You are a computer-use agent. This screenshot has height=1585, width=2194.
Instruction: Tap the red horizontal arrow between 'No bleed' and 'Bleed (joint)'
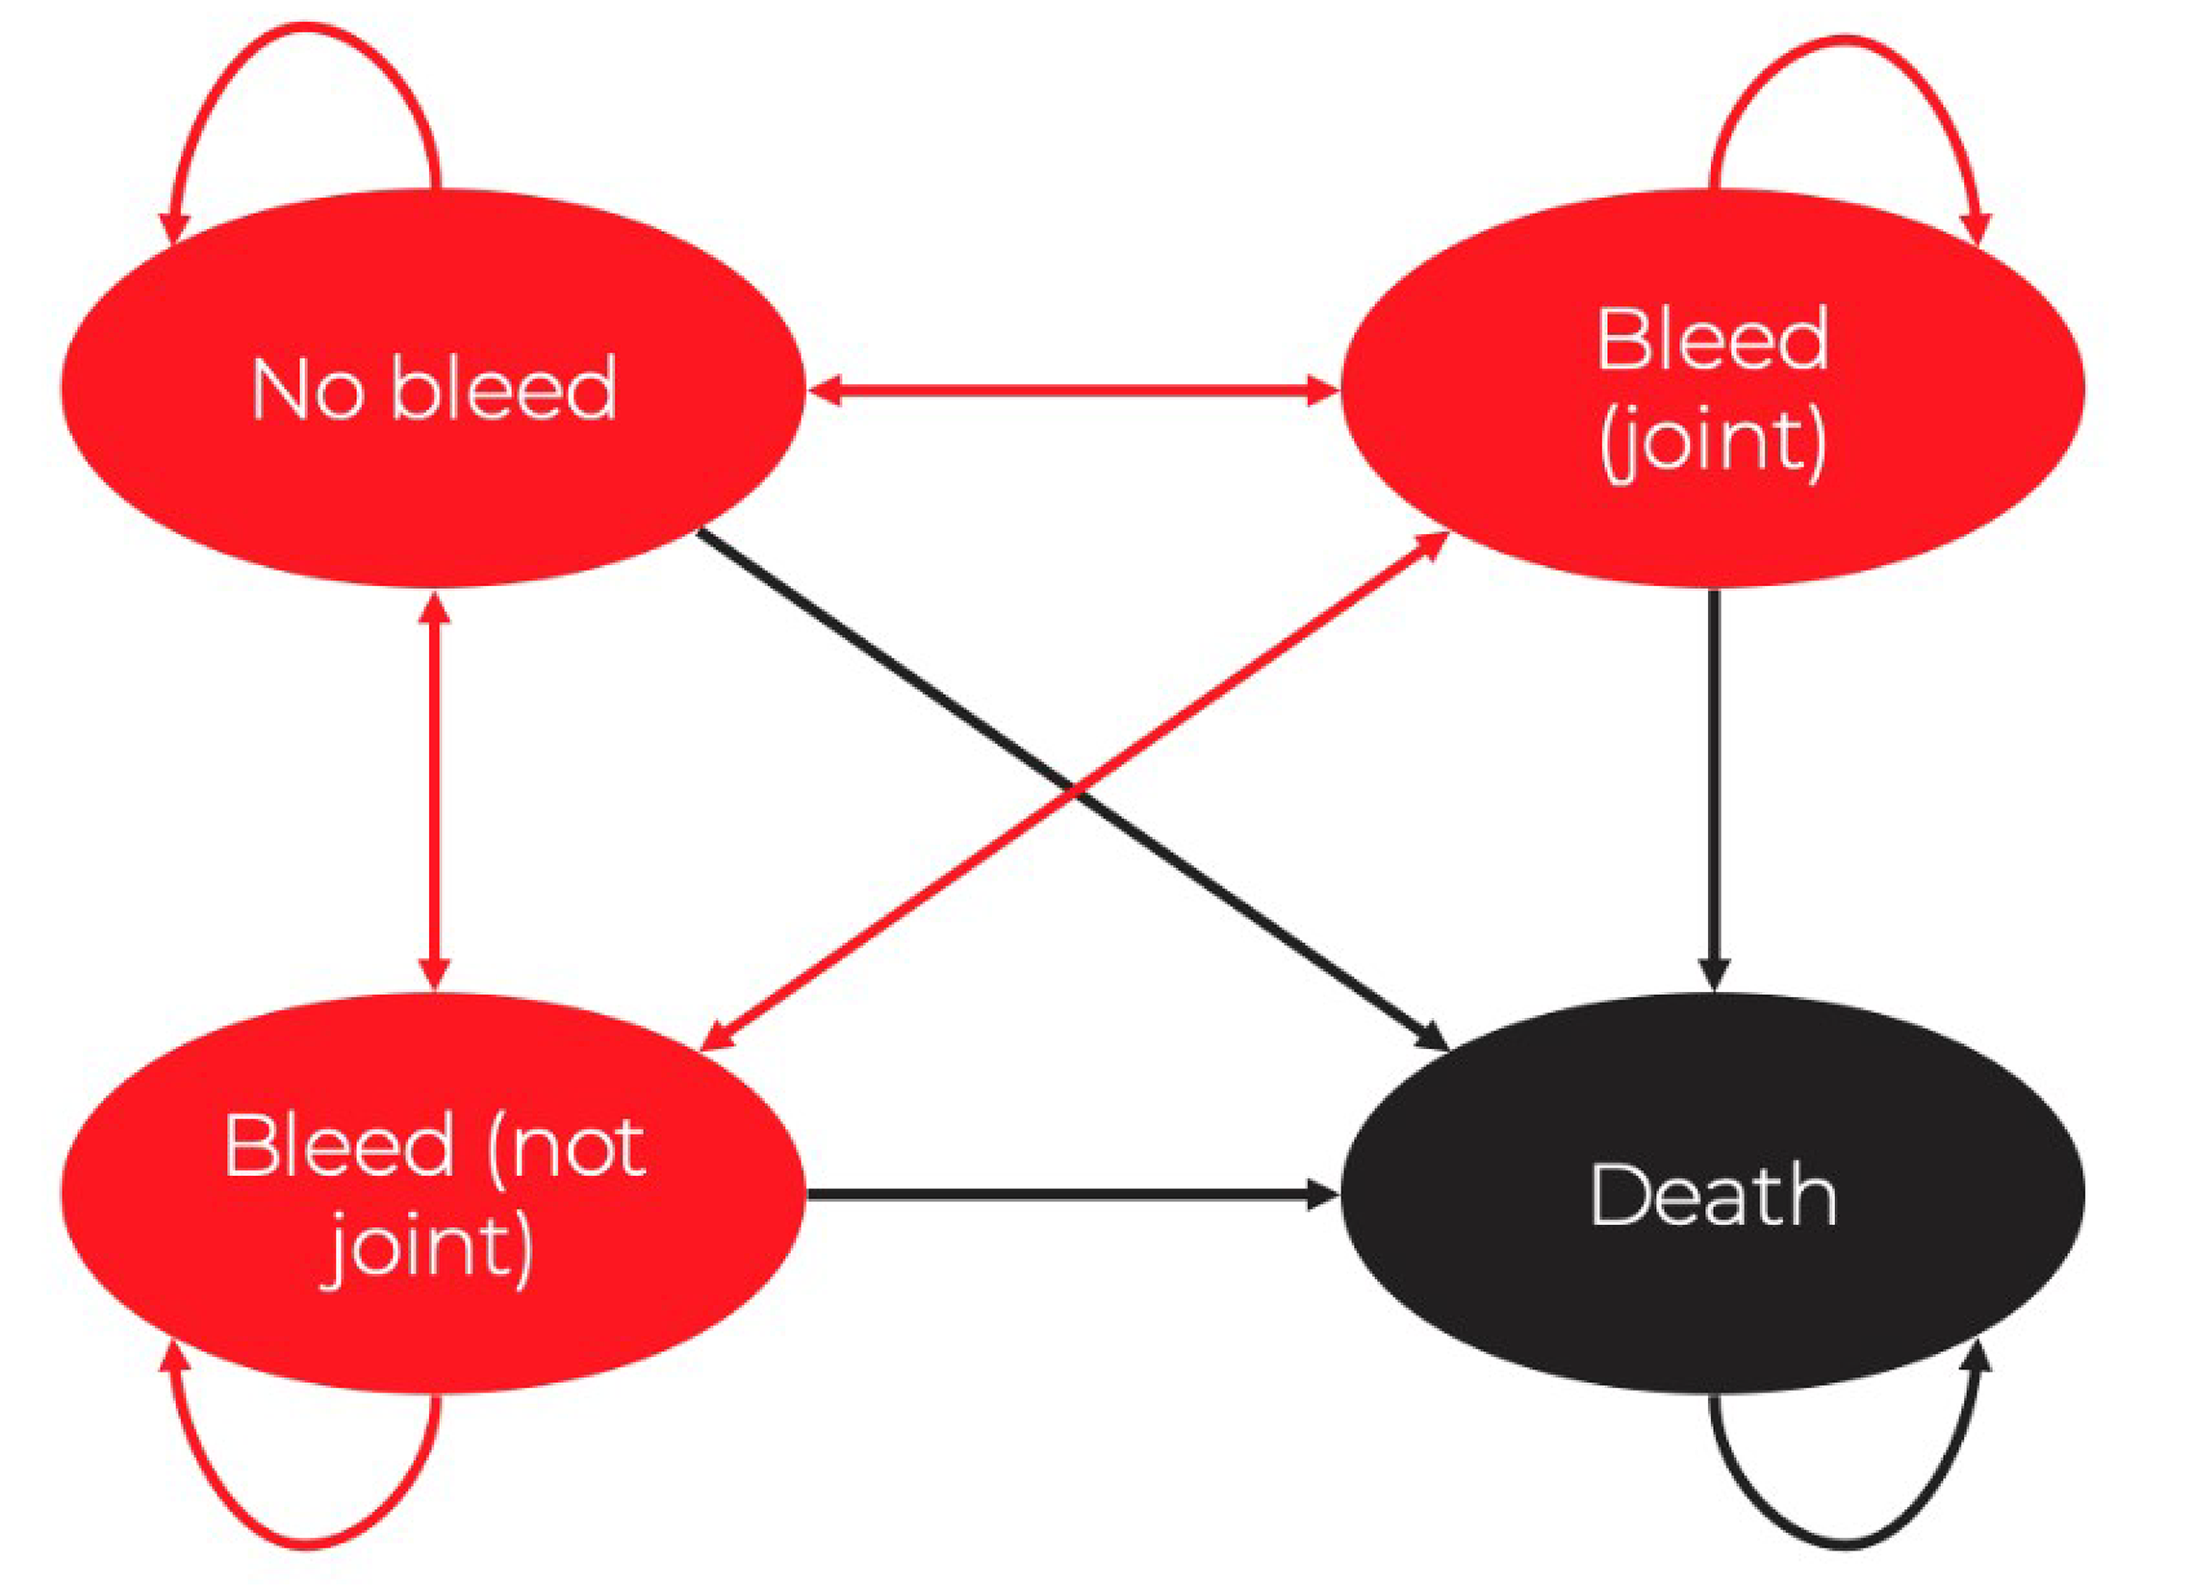point(1074,391)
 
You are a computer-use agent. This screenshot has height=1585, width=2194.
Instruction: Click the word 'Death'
point(1712,1197)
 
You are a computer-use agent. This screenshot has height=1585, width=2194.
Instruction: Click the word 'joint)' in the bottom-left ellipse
point(426,1248)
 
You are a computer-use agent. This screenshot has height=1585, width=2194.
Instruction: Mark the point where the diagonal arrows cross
point(1074,790)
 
